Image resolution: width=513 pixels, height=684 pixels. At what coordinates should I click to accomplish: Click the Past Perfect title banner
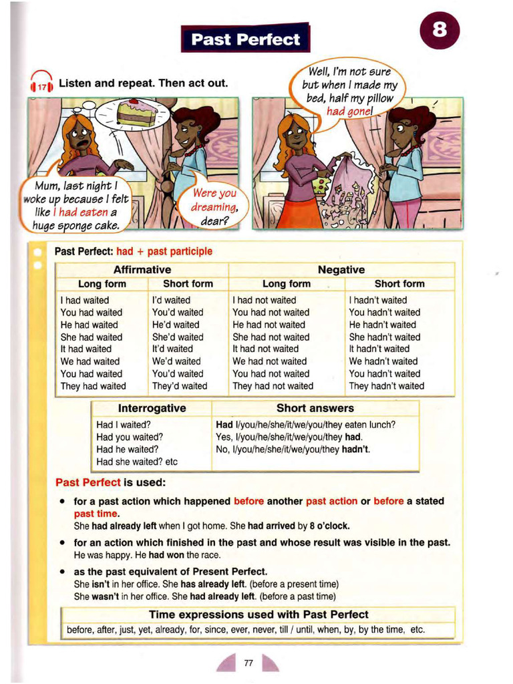[245, 39]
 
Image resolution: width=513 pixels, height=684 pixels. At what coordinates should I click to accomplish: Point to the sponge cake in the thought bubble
[136, 113]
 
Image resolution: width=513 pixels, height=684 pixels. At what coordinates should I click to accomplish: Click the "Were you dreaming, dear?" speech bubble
[214, 206]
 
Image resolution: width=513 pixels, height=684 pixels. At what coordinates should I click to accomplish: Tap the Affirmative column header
[142, 270]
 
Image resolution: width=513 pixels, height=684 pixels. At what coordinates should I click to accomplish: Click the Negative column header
[341, 270]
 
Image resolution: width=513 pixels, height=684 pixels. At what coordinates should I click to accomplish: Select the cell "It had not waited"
[265, 349]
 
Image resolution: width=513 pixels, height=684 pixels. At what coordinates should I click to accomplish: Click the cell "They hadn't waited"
[386, 385]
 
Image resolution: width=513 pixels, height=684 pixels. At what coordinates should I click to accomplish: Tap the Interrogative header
[152, 408]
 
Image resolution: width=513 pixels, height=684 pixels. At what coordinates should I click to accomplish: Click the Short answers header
[315, 408]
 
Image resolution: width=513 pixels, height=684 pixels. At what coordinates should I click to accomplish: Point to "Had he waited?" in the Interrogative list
[127, 449]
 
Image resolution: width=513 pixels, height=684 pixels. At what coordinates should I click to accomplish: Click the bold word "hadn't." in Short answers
[356, 449]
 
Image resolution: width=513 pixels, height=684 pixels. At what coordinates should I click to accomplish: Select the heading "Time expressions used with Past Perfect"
[259, 614]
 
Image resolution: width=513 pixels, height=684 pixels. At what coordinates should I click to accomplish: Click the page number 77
[248, 663]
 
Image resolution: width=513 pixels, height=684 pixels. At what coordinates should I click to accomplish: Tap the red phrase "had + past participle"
[164, 251]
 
